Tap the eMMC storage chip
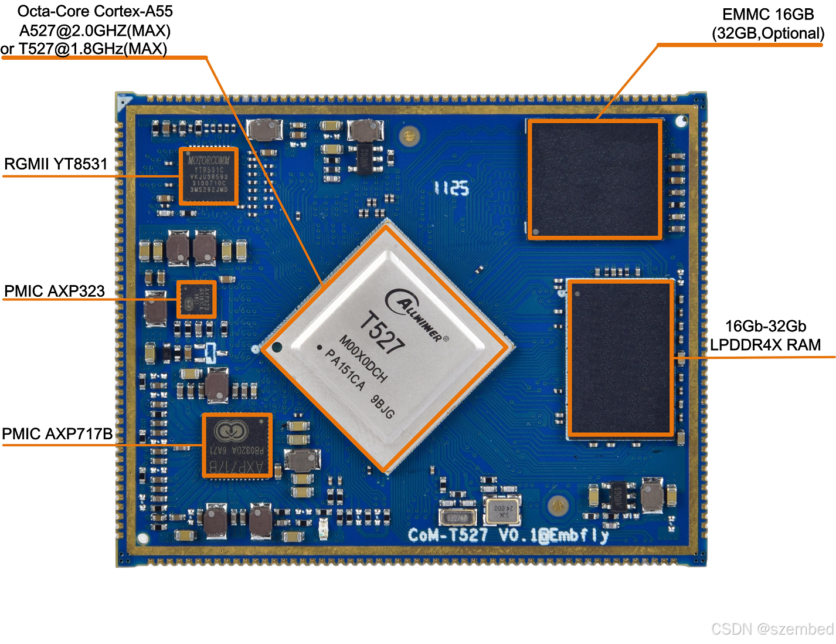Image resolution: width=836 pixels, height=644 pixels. coord(594,179)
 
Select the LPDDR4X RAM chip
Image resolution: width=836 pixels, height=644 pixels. coord(620,358)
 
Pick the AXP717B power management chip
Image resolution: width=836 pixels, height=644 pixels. coord(237,445)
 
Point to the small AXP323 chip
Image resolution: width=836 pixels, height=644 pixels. coord(196,299)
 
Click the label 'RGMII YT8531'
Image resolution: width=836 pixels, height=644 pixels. coord(56,164)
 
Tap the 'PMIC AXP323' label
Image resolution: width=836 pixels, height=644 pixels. coord(55,291)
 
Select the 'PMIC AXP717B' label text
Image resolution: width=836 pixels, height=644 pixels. coord(57,434)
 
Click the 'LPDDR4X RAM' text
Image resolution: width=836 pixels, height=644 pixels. coord(765,345)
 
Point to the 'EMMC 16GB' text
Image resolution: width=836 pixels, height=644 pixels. coord(768,15)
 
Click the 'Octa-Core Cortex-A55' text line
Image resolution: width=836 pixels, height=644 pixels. coord(95,12)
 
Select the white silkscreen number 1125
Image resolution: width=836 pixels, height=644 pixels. coord(451,188)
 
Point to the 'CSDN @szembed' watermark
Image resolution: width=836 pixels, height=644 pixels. coord(772,629)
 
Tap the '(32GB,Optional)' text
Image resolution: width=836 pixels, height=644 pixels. coord(768,33)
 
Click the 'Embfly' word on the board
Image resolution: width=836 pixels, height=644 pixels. coord(579,535)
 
